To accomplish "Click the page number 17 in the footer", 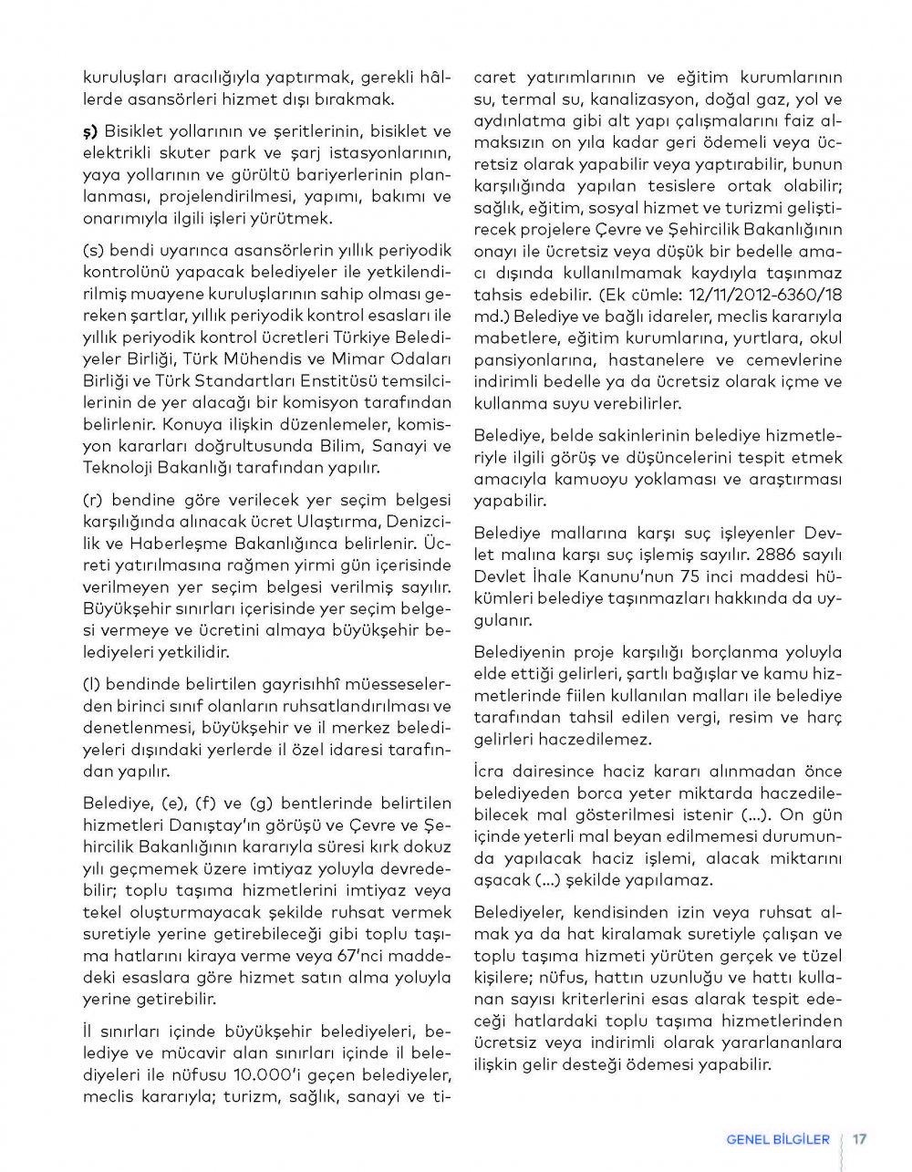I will click(859, 1139).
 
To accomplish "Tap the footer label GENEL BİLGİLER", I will click(778, 1139).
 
